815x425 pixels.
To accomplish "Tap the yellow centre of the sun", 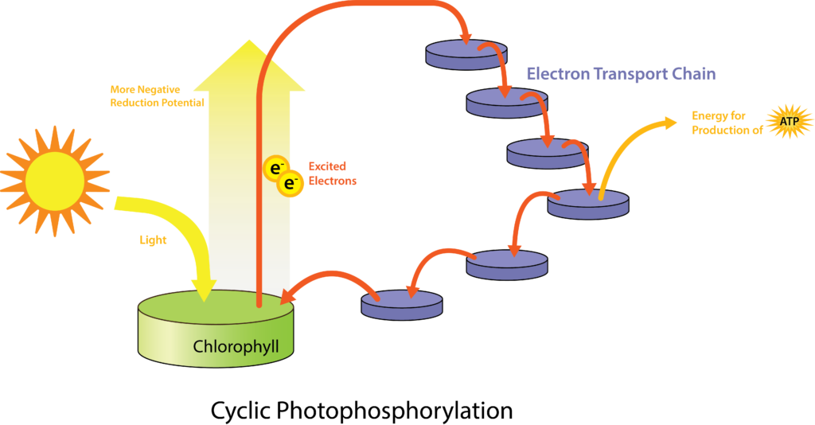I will pyautogui.click(x=55, y=181).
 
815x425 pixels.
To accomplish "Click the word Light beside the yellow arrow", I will pyautogui.click(x=154, y=240).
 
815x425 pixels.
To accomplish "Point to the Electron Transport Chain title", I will pyautogui.click(x=621, y=75).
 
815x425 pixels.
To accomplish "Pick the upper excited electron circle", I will pyautogui.click(x=274, y=168).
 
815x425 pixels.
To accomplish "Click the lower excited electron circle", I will pyautogui.click(x=291, y=183).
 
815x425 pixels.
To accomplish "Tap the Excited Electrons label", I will pyautogui.click(x=333, y=174).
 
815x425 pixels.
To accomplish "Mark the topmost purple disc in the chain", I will pyautogui.click(x=466, y=53).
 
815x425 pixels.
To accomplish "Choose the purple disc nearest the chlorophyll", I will pyautogui.click(x=402, y=304).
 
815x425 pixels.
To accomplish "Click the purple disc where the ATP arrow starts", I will pyautogui.click(x=588, y=204).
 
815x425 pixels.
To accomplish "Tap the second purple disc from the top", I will pyautogui.click(x=507, y=102).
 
